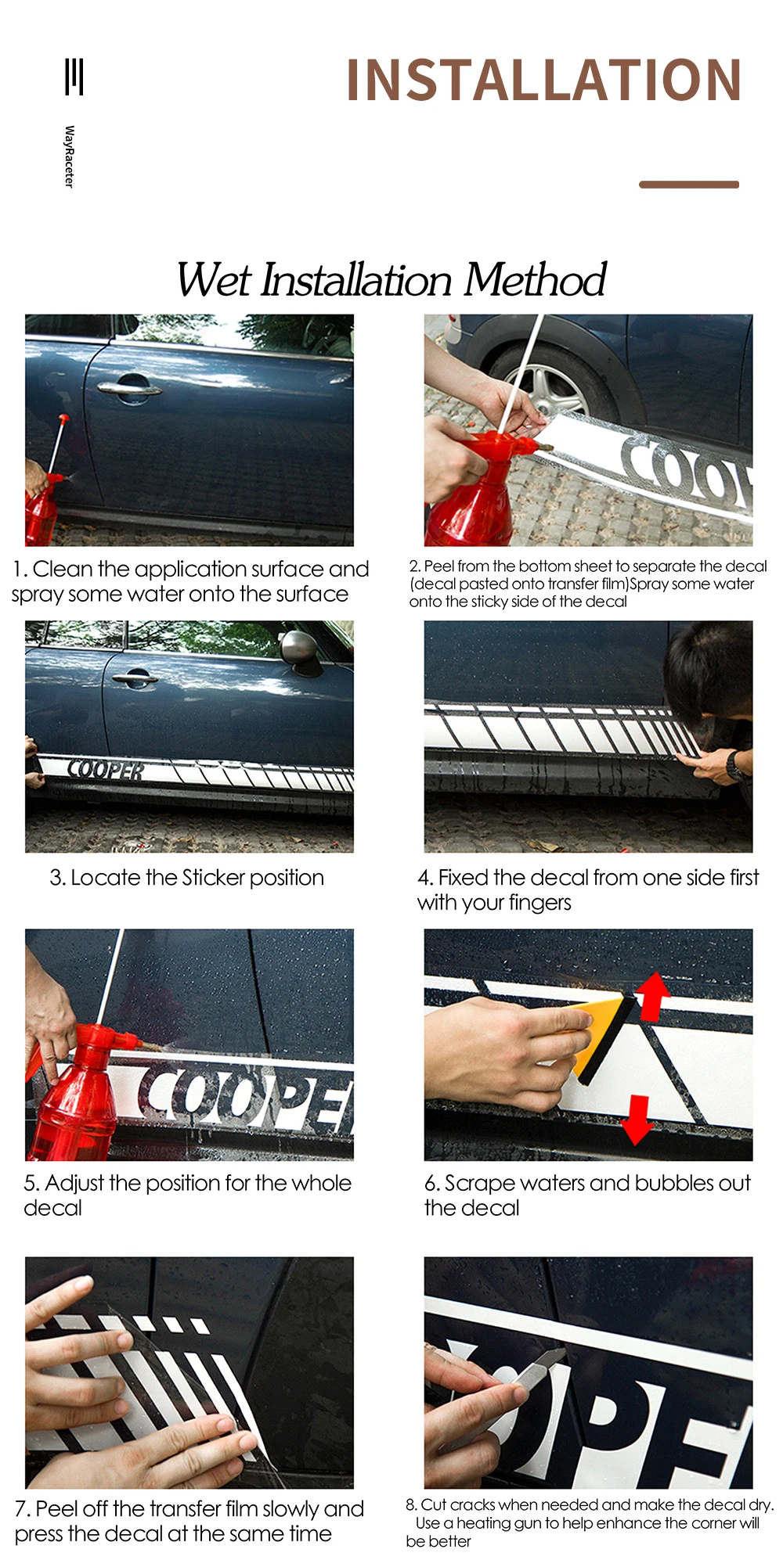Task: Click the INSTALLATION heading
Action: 543,80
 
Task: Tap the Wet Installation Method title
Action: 391,279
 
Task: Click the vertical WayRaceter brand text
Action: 69,156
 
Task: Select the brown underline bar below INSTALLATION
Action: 689,185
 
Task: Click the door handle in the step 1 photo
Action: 129,386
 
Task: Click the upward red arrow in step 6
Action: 651,996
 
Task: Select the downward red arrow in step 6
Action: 637,1120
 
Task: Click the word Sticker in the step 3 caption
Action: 213,878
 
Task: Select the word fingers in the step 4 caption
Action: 539,904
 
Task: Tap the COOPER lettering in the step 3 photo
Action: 106,770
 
